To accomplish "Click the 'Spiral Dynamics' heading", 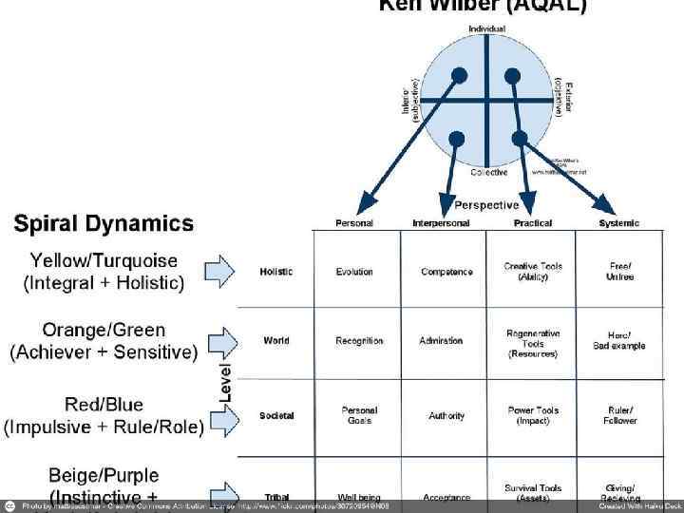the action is [104, 224].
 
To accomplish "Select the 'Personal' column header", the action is [354, 223].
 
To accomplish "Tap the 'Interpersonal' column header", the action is [441, 223].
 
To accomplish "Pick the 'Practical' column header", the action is [532, 223].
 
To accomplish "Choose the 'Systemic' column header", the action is [618, 223].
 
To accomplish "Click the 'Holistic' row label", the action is [275, 272].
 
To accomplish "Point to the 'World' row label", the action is [275, 340].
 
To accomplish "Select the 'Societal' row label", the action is [275, 416].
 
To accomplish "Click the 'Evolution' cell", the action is [354, 272].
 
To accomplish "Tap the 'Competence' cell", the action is [446, 272].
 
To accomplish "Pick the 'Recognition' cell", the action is [359, 340].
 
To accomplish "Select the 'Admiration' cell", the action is [441, 340].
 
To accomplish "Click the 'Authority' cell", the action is [446, 416].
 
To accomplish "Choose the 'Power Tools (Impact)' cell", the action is [533, 416].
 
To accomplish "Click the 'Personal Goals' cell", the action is [359, 416].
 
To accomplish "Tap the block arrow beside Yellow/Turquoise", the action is [219, 271].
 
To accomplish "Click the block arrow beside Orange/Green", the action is [221, 340].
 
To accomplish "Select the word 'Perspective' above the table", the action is [486, 205].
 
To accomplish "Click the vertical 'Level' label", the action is [226, 380].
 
